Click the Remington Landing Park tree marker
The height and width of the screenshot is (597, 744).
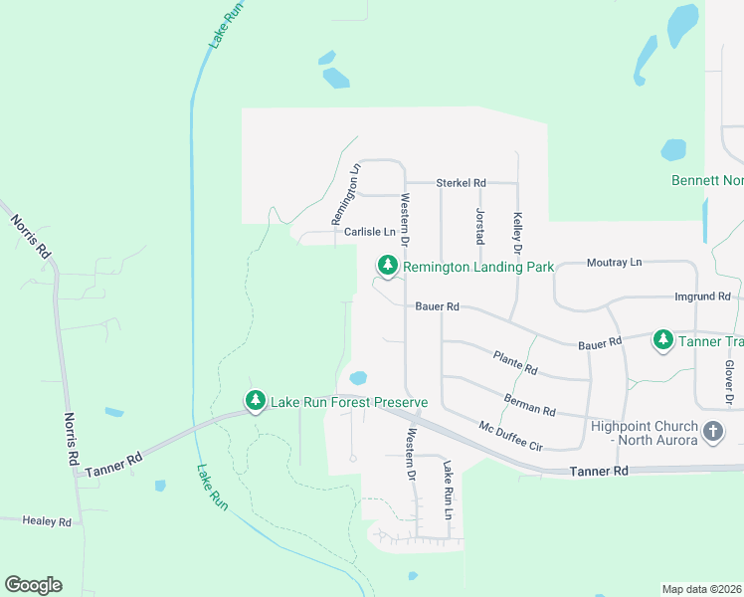pyautogui.click(x=387, y=266)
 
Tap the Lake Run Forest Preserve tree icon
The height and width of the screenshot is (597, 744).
pyautogui.click(x=256, y=401)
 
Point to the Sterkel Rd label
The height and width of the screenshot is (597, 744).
pyautogui.click(x=461, y=183)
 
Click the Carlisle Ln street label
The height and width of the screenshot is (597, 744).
pyautogui.click(x=369, y=232)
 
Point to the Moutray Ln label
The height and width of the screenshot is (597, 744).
pyautogui.click(x=615, y=263)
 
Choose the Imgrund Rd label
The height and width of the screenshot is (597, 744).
pyautogui.click(x=702, y=297)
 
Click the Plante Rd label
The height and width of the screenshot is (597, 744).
pyautogui.click(x=515, y=362)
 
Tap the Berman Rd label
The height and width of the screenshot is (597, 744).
pyautogui.click(x=529, y=404)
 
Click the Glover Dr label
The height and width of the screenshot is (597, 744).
pyautogui.click(x=728, y=382)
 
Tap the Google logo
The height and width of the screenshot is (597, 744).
pyautogui.click(x=33, y=585)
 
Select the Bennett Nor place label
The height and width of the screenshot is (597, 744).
pyautogui.click(x=707, y=181)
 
